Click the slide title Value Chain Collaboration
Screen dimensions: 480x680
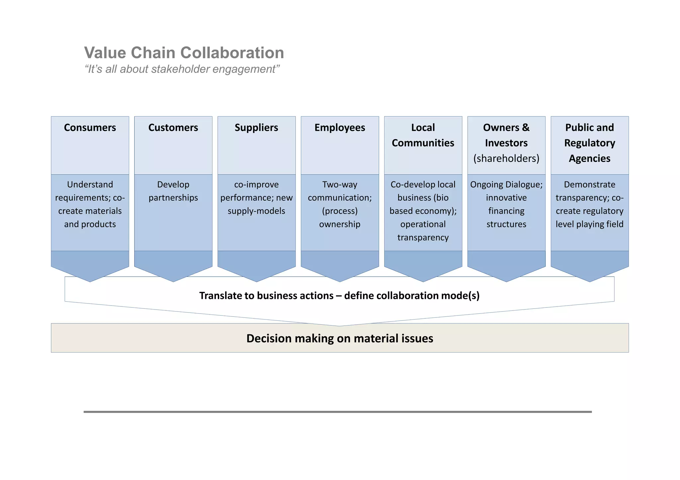184,53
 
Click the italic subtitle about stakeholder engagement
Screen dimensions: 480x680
182,69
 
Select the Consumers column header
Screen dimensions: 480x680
90,128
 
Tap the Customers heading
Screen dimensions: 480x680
173,128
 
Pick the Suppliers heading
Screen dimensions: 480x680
256,128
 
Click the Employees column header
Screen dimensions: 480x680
340,128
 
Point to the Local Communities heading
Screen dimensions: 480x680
423,135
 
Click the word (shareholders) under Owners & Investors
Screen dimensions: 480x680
506,159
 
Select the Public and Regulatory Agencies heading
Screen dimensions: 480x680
589,143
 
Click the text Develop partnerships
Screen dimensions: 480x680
173,191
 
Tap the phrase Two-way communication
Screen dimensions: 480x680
340,191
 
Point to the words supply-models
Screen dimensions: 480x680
256,211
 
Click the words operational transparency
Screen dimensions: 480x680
423,231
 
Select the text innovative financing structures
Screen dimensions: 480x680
506,211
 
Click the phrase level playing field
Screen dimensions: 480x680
589,224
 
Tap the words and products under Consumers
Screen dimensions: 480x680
90,224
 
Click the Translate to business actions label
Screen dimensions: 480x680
339,296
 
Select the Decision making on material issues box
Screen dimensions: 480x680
340,338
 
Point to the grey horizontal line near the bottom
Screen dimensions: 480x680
337,412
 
